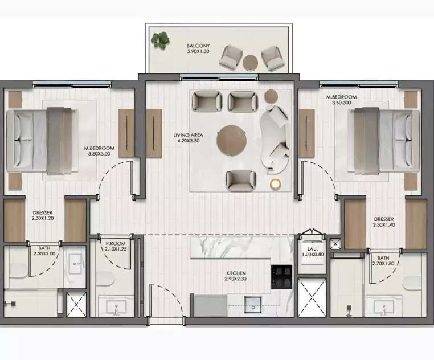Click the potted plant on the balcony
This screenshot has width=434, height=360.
160,39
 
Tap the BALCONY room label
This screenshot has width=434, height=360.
198,46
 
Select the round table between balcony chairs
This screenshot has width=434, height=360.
250,63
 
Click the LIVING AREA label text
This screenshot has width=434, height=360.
188,135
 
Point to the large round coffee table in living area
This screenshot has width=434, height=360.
231,141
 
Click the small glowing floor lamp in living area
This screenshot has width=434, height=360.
275,183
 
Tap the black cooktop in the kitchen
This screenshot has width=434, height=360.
281,277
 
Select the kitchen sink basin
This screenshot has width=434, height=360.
253,304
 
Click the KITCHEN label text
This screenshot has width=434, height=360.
235,273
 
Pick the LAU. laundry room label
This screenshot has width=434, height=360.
312,249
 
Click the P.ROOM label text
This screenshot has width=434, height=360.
116,243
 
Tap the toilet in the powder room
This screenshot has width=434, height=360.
105,279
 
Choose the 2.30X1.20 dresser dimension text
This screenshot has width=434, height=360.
43,218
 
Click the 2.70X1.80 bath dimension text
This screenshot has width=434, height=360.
383,264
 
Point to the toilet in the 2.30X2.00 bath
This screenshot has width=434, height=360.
19,271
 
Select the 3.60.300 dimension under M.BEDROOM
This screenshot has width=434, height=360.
341,103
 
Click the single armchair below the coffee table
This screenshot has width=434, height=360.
241,181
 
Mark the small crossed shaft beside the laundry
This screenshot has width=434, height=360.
335,244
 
